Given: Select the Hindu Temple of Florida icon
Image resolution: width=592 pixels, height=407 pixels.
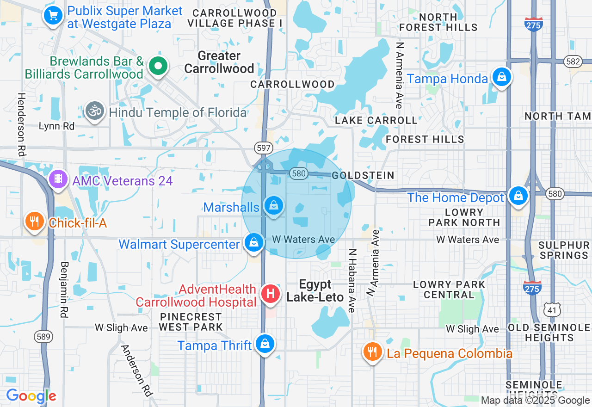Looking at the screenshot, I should pyautogui.click(x=95, y=111).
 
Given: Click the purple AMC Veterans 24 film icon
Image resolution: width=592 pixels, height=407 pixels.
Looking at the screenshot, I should pyautogui.click(x=58, y=180).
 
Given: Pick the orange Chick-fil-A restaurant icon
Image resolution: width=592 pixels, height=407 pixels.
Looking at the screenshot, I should pyautogui.click(x=35, y=222).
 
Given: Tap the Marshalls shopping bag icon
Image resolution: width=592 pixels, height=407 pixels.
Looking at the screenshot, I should pyautogui.click(x=274, y=205).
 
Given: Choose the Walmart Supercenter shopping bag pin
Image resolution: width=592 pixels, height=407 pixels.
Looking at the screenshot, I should pyautogui.click(x=253, y=242).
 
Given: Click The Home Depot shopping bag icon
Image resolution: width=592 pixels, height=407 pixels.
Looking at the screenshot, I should pyautogui.click(x=518, y=196).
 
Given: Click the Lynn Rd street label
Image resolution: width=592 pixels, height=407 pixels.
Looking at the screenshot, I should pyautogui.click(x=56, y=126).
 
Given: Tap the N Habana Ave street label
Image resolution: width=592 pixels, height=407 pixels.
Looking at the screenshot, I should pyautogui.click(x=352, y=281).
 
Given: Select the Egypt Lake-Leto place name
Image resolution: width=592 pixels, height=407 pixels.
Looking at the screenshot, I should pyautogui.click(x=315, y=290).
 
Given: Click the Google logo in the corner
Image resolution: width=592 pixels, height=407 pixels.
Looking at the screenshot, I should pyautogui.click(x=31, y=396).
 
